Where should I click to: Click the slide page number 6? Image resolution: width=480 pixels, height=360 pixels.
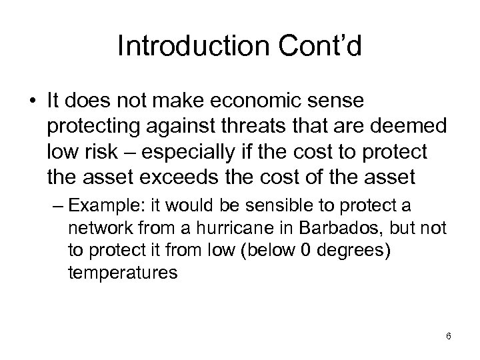tap(448, 336)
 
